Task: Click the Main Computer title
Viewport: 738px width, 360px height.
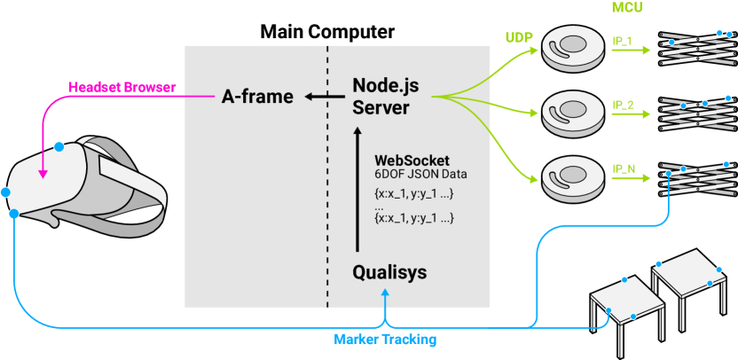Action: coord(327,32)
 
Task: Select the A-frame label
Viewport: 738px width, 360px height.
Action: coord(257,97)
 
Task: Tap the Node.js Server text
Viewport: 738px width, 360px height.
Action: coord(386,97)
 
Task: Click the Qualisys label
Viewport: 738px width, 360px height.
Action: coord(389,272)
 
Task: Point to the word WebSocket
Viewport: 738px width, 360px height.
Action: coord(412,160)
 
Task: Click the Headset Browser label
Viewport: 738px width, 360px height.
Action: coord(122,87)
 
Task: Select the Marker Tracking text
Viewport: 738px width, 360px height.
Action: coord(385,339)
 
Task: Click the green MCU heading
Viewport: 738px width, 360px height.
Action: coord(627,7)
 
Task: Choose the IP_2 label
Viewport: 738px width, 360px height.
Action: coord(623,104)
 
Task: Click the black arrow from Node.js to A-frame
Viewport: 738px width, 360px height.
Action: coord(325,97)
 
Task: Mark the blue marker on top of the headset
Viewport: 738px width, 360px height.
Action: coord(59,147)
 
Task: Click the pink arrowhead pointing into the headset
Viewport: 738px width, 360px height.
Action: coord(43,174)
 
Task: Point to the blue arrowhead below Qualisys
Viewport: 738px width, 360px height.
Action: coord(386,293)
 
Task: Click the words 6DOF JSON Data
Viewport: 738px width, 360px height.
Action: coord(420,174)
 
